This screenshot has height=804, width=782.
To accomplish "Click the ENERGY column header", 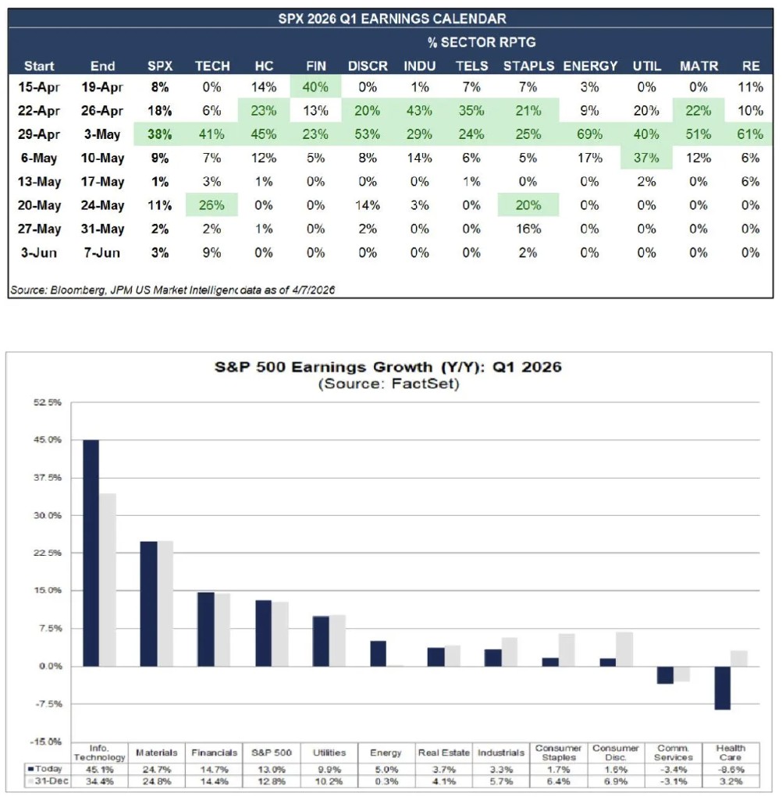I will [x=590, y=66].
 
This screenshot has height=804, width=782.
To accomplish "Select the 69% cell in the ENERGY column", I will [x=590, y=134].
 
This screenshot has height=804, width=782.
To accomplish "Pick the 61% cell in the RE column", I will [x=751, y=134].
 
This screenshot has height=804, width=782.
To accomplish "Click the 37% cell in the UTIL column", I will [x=646, y=158].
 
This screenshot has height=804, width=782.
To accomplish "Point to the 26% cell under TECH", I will [x=212, y=206].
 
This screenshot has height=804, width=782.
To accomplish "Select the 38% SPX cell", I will [x=160, y=134].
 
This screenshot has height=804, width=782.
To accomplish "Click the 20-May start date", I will [x=39, y=206].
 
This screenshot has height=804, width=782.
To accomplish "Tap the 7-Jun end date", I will [x=102, y=252].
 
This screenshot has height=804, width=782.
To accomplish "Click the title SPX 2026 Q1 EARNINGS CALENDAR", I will [x=391, y=18].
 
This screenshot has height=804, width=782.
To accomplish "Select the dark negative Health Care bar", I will [x=722, y=688].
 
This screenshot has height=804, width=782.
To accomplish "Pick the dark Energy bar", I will [x=378, y=653].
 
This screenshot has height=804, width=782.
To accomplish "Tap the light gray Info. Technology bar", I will [x=108, y=579].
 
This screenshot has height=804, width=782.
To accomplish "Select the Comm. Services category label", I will [x=674, y=752].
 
